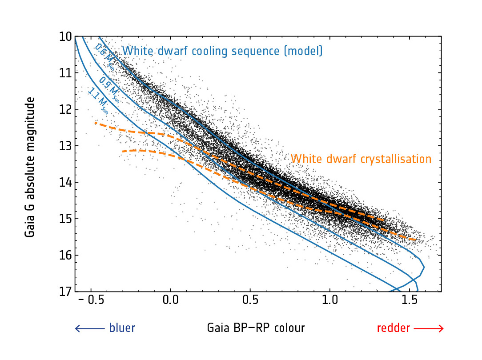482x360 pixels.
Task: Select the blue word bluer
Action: (122, 328)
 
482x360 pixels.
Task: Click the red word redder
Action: (394, 328)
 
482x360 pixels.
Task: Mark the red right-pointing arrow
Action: (429, 328)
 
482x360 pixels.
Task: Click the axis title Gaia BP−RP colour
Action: (256, 328)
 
